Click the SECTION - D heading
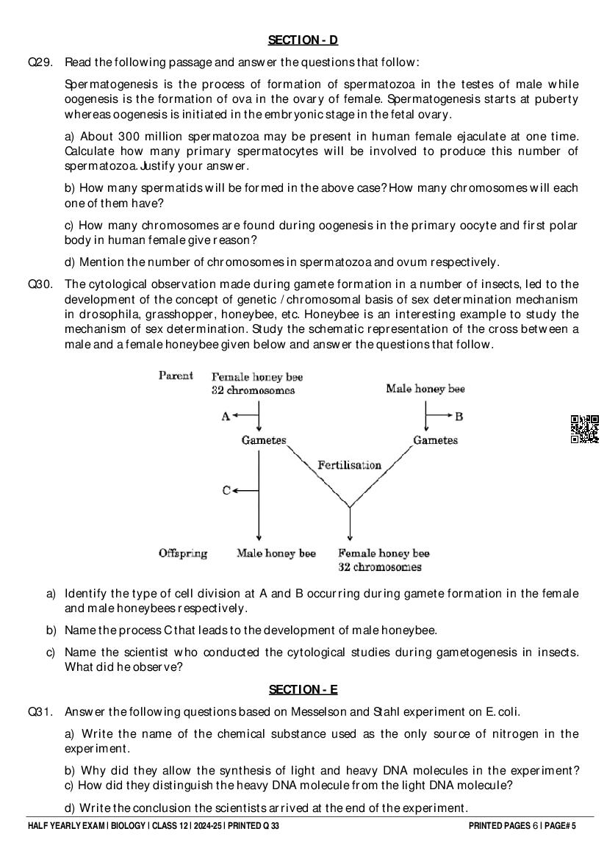point(303,40)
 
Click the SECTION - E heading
point(303,689)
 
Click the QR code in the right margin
point(584,429)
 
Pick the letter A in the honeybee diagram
point(226,417)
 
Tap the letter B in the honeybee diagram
point(459,417)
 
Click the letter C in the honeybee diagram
point(226,490)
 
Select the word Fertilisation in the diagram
point(349,465)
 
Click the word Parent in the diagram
point(176,375)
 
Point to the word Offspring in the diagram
point(183,553)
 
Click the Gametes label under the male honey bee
point(435,440)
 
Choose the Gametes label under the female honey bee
point(264,440)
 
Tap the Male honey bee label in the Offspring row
point(276,553)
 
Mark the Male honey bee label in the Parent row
point(425,389)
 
